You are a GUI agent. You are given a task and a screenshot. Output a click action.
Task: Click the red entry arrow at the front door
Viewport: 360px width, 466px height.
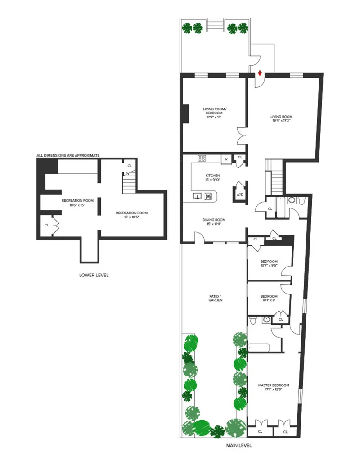[260, 72]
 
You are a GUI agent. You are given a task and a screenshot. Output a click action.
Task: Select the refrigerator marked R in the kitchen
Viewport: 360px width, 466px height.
[224, 158]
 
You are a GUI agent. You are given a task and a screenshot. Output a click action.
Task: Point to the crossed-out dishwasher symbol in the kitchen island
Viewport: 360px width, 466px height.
[208, 196]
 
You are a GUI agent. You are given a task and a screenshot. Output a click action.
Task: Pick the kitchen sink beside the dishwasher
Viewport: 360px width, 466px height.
[197, 196]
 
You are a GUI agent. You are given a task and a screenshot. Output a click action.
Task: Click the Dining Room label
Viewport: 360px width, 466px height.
[213, 220]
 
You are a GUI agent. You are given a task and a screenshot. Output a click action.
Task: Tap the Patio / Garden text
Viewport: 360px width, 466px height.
[216, 298]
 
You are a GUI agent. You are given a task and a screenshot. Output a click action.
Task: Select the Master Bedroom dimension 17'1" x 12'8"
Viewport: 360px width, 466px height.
[273, 390]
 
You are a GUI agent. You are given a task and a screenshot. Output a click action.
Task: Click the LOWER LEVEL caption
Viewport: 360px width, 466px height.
[94, 275]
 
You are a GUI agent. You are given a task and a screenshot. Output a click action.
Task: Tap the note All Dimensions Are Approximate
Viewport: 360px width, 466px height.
[68, 155]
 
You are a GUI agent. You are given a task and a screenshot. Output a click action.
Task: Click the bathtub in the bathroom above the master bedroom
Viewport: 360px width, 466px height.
[259, 348]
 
